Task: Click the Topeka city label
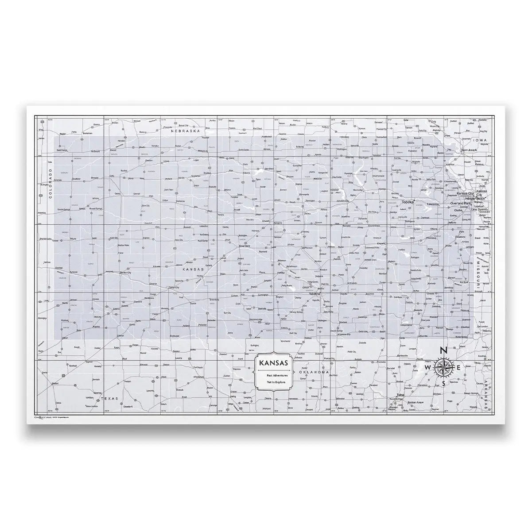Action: point(407,202)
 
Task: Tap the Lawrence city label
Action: point(433,204)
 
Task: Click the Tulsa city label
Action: point(401,395)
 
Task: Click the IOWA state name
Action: point(479,140)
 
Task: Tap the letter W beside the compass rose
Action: point(427,368)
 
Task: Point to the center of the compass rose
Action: point(443,368)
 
